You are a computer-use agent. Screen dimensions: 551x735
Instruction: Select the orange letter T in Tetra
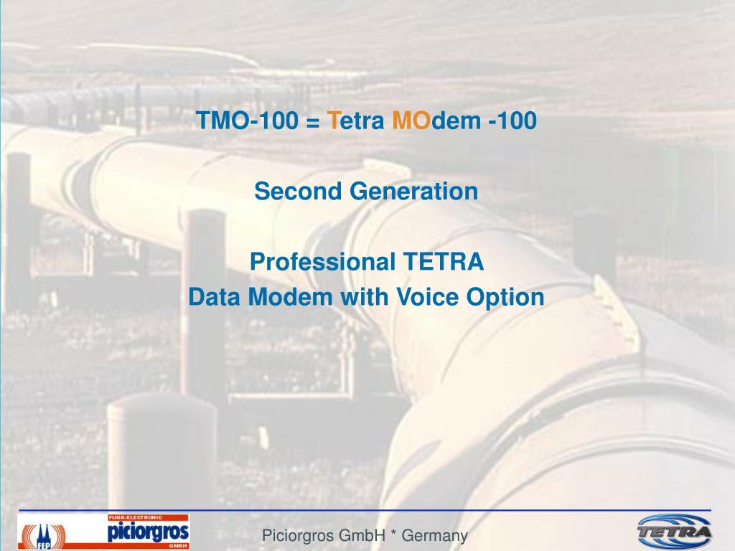pyautogui.click(x=334, y=121)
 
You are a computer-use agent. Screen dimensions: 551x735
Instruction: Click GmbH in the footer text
pyautogui.click(x=363, y=535)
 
